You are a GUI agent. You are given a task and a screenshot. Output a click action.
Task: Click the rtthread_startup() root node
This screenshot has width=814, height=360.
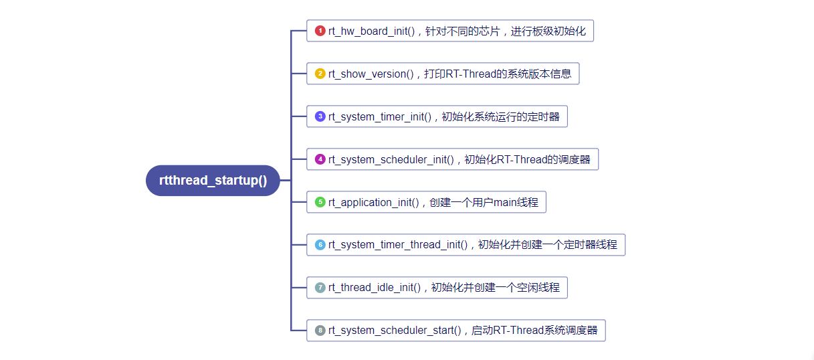click(213, 181)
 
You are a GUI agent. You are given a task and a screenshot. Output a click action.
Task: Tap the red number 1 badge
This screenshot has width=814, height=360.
click(320, 31)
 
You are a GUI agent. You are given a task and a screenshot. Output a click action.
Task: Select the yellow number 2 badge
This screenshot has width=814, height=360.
click(320, 74)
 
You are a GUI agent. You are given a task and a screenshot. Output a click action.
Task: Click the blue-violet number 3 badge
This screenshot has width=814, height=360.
click(320, 116)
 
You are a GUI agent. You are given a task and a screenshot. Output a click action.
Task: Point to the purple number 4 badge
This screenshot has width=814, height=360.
click(320, 159)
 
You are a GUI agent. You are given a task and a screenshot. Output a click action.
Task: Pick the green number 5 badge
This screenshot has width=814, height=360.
click(320, 202)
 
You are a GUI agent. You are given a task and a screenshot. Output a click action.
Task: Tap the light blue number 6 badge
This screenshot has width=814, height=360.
click(320, 245)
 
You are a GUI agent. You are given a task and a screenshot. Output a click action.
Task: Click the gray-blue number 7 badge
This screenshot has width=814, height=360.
click(320, 288)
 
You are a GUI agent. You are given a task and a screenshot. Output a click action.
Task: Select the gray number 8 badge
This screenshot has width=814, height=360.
click(320, 331)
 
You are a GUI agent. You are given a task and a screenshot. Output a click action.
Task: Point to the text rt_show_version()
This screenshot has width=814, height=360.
click(371, 74)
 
